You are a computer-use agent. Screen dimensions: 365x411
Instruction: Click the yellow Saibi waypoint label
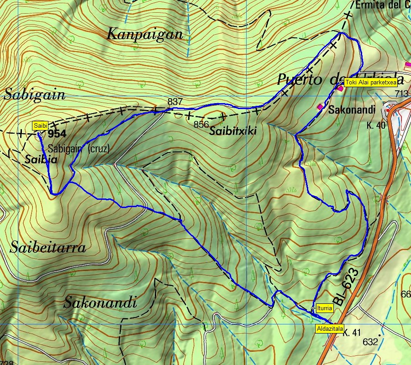pyautogui.click(x=40, y=125)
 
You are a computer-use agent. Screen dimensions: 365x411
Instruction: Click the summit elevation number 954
pyautogui.click(x=57, y=134)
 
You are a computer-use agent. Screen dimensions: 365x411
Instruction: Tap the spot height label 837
pyautogui.click(x=175, y=102)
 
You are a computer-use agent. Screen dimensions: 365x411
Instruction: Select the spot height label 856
pyautogui.click(x=201, y=124)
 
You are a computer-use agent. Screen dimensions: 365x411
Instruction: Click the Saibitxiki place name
pyautogui.click(x=233, y=131)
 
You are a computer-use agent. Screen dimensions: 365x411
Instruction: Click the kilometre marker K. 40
pyautogui.click(x=376, y=125)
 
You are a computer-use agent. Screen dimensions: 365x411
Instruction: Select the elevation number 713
pyautogui.click(x=401, y=94)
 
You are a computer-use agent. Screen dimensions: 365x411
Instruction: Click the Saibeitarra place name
pyautogui.click(x=47, y=248)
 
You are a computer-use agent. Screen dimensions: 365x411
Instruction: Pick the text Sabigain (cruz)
pyautogui.click(x=79, y=148)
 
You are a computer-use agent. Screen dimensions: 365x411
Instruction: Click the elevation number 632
pyautogui.click(x=371, y=342)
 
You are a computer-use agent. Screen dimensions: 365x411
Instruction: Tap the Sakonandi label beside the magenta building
pyautogui.click(x=352, y=109)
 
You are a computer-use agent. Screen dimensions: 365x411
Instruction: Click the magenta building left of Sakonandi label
pyautogui.click(x=320, y=107)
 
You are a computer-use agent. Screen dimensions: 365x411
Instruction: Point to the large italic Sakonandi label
pyautogui.click(x=100, y=302)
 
